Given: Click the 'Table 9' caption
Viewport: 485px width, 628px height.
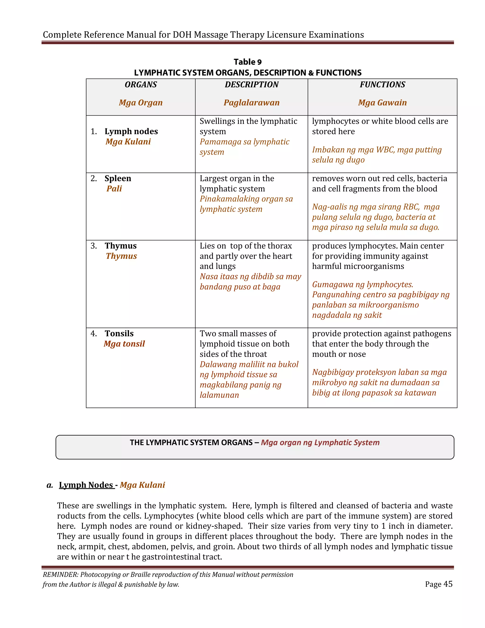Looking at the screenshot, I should click(x=247, y=62).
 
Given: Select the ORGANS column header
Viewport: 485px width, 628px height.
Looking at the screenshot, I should click(x=141, y=85).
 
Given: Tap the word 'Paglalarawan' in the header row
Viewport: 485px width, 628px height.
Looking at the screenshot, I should click(x=251, y=103).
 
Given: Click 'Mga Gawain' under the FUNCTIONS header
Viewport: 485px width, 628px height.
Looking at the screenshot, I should click(x=382, y=103).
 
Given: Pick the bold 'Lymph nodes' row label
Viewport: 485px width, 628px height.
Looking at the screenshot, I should click(x=131, y=132).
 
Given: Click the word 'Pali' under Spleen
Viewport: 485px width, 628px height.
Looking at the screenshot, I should click(x=114, y=189).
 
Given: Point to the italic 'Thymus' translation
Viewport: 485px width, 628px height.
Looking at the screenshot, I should click(x=121, y=256).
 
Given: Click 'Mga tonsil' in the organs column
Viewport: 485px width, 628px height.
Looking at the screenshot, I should click(x=124, y=344).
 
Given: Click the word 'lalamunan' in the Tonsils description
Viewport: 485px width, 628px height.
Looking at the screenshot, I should click(x=219, y=395).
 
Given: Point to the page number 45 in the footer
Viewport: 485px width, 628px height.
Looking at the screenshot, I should click(x=448, y=584).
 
